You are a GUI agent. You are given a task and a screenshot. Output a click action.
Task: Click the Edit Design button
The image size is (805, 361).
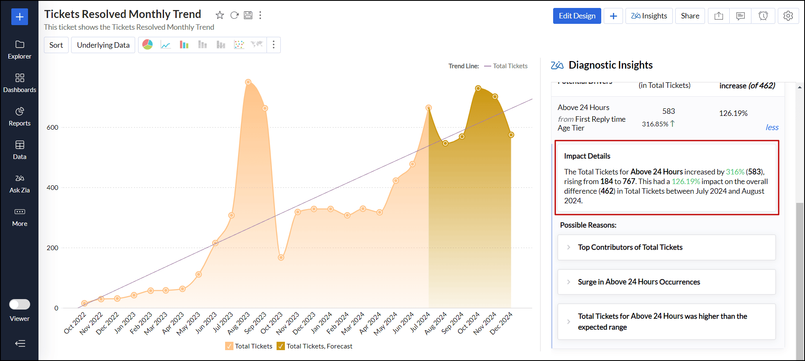577,16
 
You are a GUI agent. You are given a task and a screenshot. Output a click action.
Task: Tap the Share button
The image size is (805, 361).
690,16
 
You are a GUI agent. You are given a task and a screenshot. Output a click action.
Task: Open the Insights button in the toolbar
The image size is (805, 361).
649,16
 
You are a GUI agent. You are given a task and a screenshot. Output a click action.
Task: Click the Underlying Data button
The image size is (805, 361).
103,45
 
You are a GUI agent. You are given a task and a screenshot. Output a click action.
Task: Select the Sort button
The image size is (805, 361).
56,45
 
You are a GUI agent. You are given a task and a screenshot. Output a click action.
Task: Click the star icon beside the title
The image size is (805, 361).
220,15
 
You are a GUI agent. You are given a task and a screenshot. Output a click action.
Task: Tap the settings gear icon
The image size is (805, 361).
788,16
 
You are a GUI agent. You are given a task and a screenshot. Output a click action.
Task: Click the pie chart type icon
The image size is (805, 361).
148,45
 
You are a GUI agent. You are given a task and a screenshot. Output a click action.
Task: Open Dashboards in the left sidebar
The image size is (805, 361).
20,83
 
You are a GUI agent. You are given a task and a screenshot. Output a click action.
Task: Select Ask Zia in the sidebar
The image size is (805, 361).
20,183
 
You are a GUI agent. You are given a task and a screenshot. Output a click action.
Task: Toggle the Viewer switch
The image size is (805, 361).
20,304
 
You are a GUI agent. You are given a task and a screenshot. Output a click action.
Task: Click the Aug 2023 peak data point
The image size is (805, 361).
248,82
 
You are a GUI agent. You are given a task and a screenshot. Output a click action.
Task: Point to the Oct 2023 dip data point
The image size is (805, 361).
281,257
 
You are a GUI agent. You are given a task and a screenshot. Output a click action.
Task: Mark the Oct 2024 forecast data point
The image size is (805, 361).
478,88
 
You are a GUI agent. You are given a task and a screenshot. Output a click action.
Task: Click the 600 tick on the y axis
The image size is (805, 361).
53,128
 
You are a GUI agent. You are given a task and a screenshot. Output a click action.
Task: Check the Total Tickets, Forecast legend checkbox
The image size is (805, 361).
281,346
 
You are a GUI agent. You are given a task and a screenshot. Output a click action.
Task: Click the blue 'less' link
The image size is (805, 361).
772,128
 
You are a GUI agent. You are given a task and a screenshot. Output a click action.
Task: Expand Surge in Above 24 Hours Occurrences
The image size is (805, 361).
638,282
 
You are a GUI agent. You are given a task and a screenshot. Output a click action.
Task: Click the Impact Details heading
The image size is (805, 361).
587,156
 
